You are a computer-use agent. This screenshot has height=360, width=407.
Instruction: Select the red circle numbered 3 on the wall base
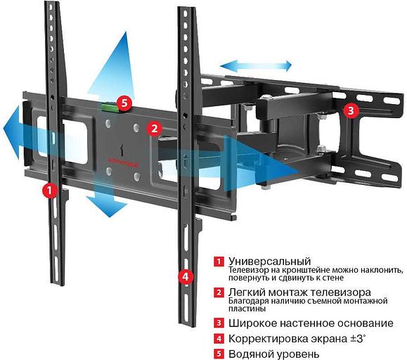pyautogui.click(x=350, y=110)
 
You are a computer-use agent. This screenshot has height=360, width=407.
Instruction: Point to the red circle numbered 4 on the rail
pyautogui.click(x=185, y=276)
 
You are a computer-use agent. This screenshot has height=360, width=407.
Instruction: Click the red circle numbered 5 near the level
pyautogui.click(x=124, y=103)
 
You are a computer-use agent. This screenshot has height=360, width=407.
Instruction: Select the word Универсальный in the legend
pyautogui.click(x=264, y=262)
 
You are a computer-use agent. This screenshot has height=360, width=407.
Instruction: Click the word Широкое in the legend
pyautogui.click(x=250, y=323)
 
